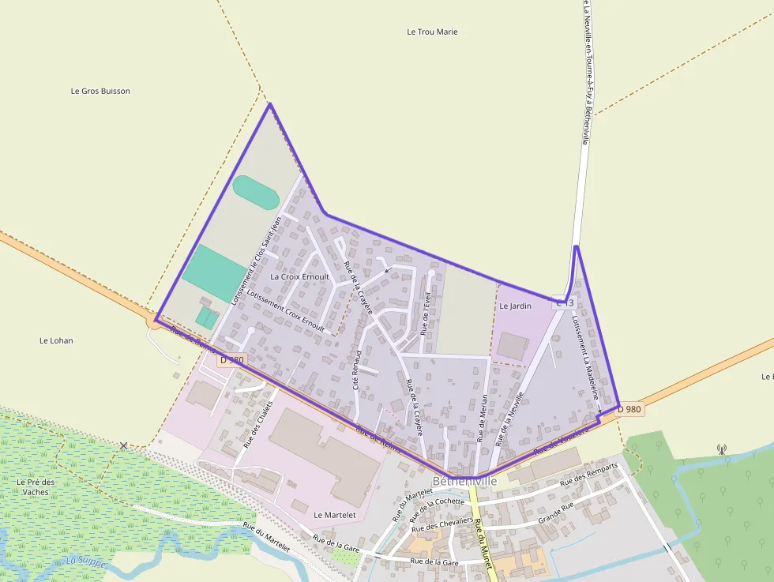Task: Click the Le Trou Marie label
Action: [x=432, y=32]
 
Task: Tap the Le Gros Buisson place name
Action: [x=100, y=91]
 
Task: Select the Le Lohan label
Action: [x=56, y=340]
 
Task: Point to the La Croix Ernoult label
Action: [x=299, y=277]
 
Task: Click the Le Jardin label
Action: [x=515, y=306]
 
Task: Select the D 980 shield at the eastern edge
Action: [x=629, y=409]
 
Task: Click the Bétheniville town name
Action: [x=464, y=481]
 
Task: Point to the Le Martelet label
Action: [x=336, y=515]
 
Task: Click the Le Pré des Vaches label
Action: [x=36, y=486]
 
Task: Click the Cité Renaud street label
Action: [x=357, y=370]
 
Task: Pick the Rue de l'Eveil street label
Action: [x=425, y=313]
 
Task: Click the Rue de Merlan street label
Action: [x=482, y=418]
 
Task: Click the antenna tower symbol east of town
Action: [x=721, y=449]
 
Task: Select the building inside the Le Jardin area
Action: [x=514, y=346]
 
